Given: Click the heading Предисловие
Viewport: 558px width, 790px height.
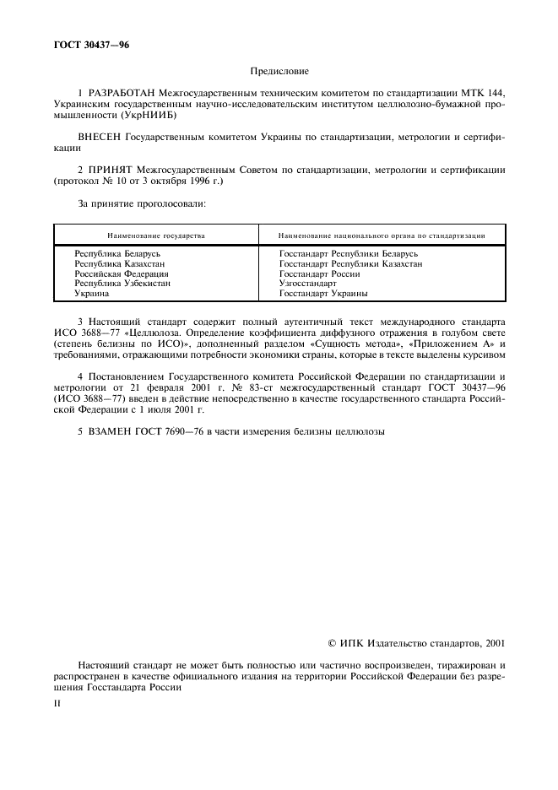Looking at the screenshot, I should pos(279,73).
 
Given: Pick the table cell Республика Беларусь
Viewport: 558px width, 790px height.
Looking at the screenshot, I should pos(117,253).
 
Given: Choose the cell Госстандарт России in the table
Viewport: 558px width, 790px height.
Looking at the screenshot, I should pos(319,273).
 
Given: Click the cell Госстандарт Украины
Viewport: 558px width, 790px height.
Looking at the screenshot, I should pos(323,294).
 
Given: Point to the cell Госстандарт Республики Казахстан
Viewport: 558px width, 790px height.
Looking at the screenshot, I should pos(350,263).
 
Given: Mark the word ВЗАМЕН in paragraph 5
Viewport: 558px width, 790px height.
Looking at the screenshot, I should pos(108,431).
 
